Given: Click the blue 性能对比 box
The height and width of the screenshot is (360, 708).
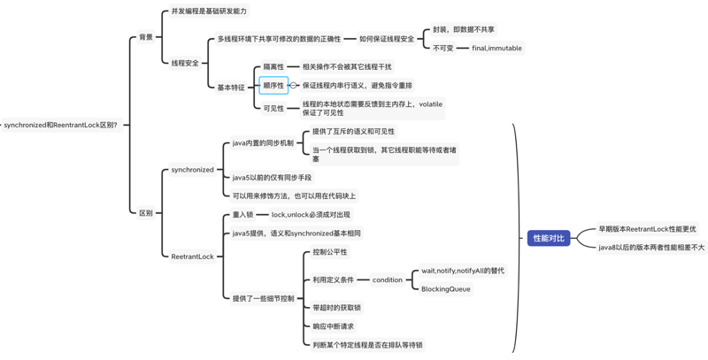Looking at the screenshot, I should pos(549,238).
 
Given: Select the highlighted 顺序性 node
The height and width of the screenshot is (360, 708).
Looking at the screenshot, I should pos(273,86).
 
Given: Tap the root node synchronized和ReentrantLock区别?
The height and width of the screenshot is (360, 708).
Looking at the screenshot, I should pos(60,125).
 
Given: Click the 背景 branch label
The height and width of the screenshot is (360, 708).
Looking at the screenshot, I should pos(146,37).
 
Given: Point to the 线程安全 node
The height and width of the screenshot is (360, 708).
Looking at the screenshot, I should pos(185,63).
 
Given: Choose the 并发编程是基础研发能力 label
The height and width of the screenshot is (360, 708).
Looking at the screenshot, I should pos(209,11).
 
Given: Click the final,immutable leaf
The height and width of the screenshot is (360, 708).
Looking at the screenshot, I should pos(496,48).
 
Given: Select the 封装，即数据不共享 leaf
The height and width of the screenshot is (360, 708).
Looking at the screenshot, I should pos(464,29).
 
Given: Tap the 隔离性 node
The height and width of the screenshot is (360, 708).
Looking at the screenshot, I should pos(273,66).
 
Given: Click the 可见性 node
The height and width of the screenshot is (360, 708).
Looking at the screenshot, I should pos(273,108).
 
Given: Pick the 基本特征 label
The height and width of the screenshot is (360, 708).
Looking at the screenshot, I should pos(231,87).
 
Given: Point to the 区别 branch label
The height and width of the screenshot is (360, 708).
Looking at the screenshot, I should pos(146,212).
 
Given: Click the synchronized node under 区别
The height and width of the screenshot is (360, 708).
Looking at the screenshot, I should pos(192,170).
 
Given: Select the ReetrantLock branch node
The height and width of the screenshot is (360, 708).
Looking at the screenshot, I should pos(192,257).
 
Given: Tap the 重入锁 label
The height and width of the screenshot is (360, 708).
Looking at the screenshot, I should pos(242,214).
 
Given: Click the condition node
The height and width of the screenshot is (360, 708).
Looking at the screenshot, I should pos(387,280).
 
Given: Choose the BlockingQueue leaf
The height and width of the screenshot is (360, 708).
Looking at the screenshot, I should pos(446,289).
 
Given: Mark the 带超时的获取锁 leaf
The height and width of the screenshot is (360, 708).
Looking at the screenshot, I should pos(336,308).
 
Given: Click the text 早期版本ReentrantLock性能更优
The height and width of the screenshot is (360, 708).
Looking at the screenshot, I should pos(647,229).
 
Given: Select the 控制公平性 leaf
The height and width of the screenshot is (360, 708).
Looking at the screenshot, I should pos(330,252).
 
